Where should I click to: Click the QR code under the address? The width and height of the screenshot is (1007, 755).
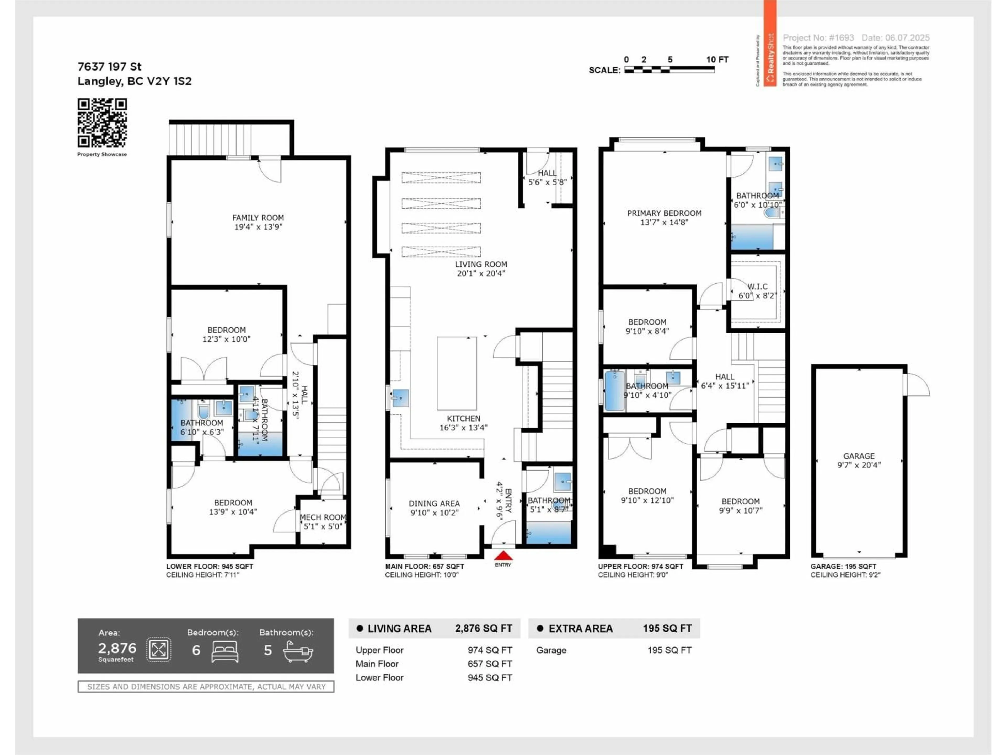tap(102, 123)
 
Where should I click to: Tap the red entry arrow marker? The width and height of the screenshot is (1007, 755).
tap(503, 556)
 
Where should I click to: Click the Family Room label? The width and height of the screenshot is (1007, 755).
tap(258, 218)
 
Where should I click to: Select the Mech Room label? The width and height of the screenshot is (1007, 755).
tap(323, 517)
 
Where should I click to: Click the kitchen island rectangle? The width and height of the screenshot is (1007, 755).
tap(457, 373)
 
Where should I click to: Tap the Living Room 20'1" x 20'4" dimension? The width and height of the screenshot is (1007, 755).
tap(481, 273)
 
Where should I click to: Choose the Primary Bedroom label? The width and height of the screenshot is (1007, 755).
tap(664, 213)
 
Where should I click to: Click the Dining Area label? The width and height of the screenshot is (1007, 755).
tap(434, 503)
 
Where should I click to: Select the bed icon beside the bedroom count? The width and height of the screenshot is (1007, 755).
tap(225, 652)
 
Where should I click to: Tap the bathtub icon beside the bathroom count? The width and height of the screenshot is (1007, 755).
tap(298, 652)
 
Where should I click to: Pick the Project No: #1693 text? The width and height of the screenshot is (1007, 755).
tap(818, 38)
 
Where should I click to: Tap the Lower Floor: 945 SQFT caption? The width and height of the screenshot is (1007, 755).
tap(210, 567)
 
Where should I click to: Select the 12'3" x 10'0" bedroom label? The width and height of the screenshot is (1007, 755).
tap(226, 339)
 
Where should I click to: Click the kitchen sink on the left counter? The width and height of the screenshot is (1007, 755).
tap(400, 398)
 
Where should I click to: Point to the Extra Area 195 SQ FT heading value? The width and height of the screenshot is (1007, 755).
tap(667, 628)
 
